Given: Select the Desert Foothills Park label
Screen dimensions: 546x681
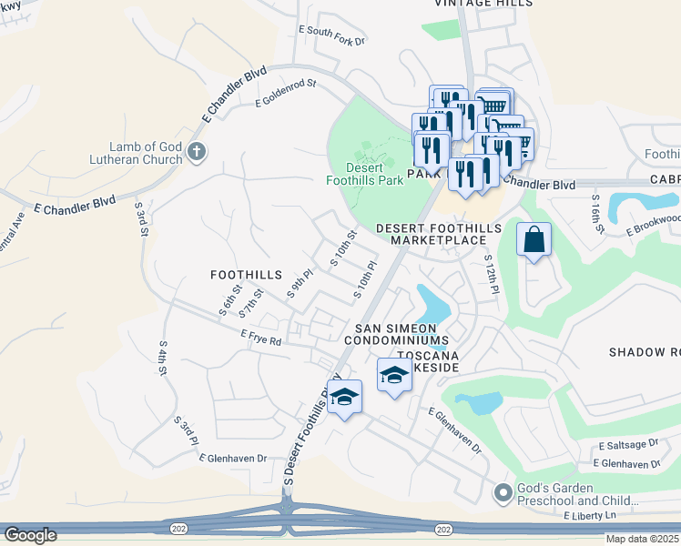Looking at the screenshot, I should pyautogui.click(x=364, y=173).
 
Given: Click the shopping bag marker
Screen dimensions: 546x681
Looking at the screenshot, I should pyautogui.click(x=534, y=241).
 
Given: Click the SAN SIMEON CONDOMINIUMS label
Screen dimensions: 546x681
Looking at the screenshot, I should pyautogui.click(x=396, y=334).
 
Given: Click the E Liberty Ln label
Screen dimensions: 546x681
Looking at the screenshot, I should pyautogui.click(x=589, y=516).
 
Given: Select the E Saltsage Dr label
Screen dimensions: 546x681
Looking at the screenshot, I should pyautogui.click(x=628, y=444).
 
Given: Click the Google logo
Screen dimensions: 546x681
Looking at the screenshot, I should pyautogui.click(x=31, y=535).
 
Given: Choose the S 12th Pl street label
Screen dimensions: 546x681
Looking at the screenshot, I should pyautogui.click(x=491, y=274).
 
